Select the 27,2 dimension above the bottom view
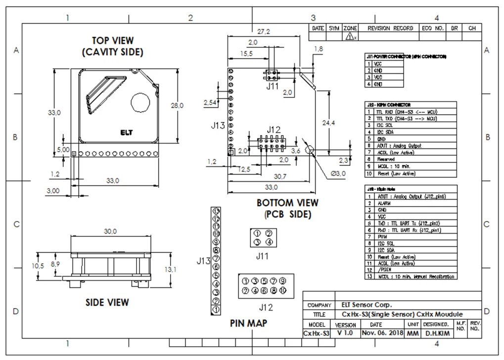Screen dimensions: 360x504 263,31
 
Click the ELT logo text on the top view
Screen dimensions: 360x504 127,133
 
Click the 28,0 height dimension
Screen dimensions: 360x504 177,105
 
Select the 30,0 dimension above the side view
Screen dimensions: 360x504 110,231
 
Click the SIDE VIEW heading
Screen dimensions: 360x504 107,302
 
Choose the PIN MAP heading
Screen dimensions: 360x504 249,323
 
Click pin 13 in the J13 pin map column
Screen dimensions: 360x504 216,210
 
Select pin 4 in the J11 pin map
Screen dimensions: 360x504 269,242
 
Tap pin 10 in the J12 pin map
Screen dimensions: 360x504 282,290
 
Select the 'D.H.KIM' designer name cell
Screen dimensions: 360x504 437,333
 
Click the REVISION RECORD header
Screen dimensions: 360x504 390,29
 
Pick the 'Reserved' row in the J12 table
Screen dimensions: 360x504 386,160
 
